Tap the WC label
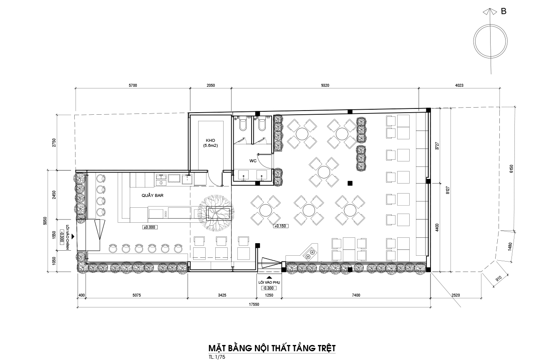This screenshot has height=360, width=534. (253, 161)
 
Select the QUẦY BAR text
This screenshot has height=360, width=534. (152, 196)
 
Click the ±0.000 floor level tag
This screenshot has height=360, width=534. (149, 227)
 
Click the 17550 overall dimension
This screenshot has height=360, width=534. (254, 305)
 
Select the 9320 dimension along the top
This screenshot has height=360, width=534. (325, 86)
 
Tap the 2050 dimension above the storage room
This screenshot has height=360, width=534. (211, 86)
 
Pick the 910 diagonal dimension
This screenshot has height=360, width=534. (499, 279)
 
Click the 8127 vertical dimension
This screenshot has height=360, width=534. (448, 190)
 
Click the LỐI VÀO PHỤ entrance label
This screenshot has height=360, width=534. (269, 282)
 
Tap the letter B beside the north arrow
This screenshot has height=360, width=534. (504, 11)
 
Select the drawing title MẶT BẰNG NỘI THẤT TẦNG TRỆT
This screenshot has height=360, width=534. (272, 348)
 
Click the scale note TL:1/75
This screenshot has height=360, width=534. (217, 357)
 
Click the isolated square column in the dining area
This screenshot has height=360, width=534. (350, 183)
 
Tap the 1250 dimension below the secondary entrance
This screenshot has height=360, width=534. (269, 295)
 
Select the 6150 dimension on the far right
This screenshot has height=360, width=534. (511, 169)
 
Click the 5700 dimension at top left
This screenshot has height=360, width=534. (133, 86)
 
